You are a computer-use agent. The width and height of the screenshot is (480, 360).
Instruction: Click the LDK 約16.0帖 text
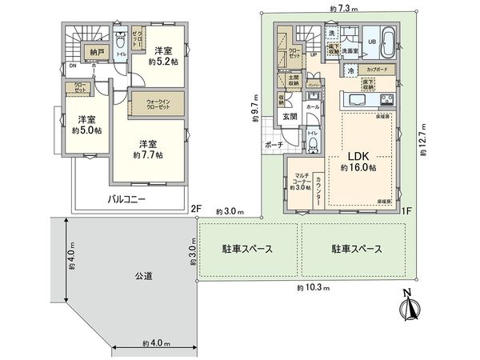[x=357, y=162]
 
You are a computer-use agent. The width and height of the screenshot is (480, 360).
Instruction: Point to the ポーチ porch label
[x=273, y=145]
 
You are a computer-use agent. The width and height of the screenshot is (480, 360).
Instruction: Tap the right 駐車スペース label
[x=357, y=249]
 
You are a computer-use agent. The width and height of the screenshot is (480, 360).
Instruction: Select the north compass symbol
[x=410, y=305]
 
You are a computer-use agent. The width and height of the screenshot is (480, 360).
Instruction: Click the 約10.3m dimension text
[x=311, y=287]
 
